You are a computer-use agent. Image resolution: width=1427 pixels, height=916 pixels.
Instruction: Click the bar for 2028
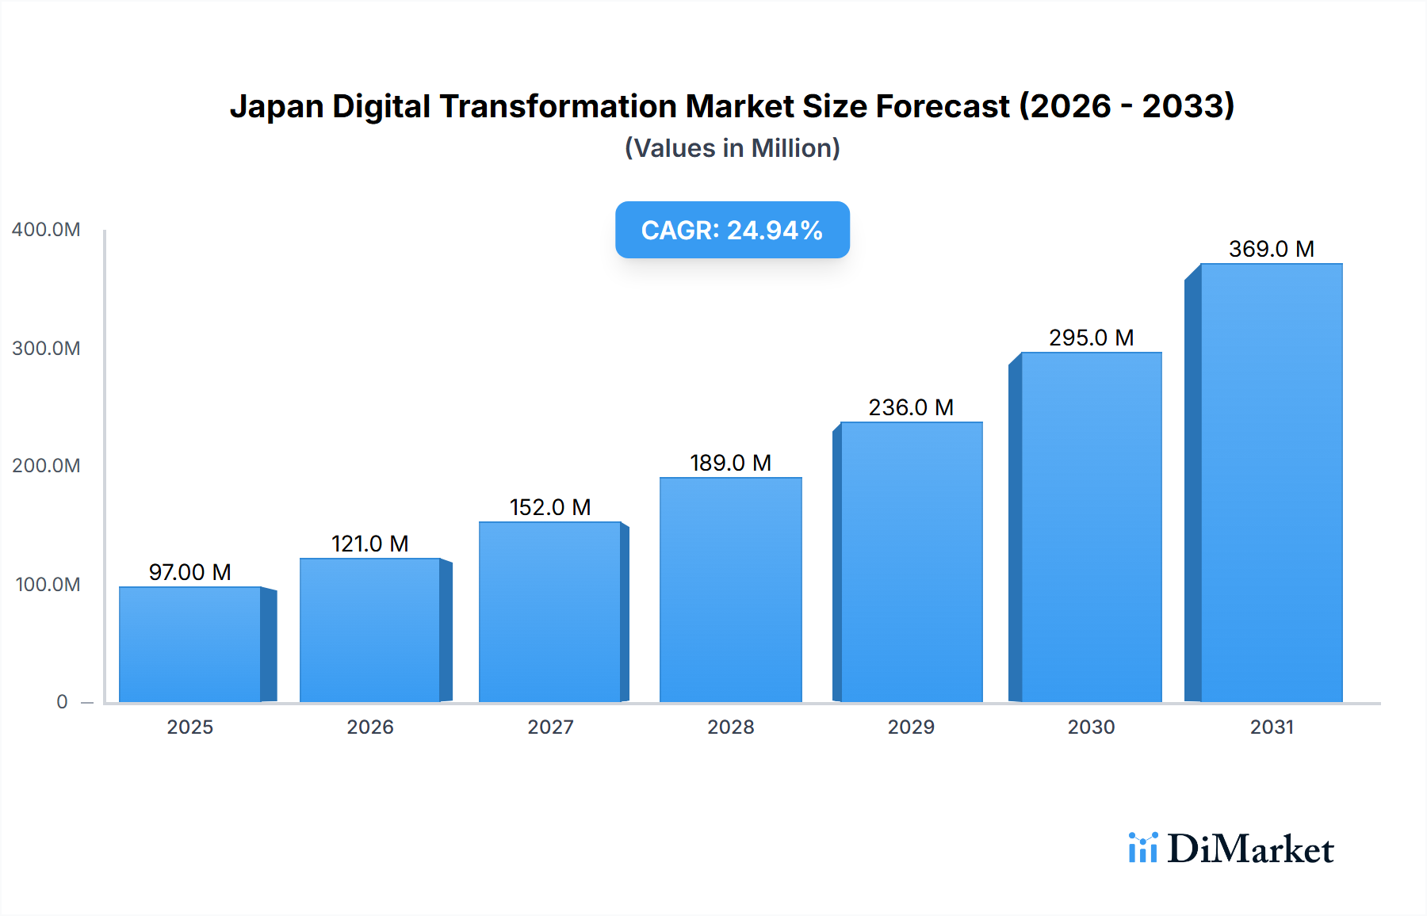coord(730,590)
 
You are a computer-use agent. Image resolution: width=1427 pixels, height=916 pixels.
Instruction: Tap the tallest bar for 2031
coord(1271,483)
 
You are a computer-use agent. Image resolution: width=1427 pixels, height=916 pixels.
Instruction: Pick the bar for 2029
coord(911,562)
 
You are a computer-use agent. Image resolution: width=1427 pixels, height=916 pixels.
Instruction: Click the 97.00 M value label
coord(190,572)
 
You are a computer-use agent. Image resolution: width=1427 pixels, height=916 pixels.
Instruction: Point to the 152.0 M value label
coord(550,507)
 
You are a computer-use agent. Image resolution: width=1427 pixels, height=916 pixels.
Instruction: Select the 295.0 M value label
coord(1091,338)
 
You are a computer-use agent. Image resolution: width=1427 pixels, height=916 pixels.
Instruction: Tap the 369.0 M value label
coord(1271,249)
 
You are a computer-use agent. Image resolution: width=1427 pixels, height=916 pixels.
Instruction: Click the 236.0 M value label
coord(911,407)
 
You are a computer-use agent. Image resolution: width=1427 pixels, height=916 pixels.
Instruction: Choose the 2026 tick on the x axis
coord(370,727)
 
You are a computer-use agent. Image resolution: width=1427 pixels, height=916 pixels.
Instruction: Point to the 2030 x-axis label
coord(1091,727)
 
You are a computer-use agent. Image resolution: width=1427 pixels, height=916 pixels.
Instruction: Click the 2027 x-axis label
coord(550,727)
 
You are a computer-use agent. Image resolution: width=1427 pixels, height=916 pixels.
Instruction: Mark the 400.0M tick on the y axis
coord(46,230)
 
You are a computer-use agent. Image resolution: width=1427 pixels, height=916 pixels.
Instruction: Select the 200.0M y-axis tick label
coord(46,466)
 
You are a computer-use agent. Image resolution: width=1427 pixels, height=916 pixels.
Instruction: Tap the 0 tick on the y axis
coord(62,702)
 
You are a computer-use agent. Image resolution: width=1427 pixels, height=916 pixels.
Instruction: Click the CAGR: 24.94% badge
coord(732,230)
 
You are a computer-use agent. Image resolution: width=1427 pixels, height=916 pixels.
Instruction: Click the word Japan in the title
coord(276,106)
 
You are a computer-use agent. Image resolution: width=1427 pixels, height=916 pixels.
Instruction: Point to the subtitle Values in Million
coord(732,148)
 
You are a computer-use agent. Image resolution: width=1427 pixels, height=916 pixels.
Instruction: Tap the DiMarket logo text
coord(1250,849)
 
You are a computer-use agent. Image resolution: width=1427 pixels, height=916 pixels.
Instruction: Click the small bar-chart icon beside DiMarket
coord(1142,848)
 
